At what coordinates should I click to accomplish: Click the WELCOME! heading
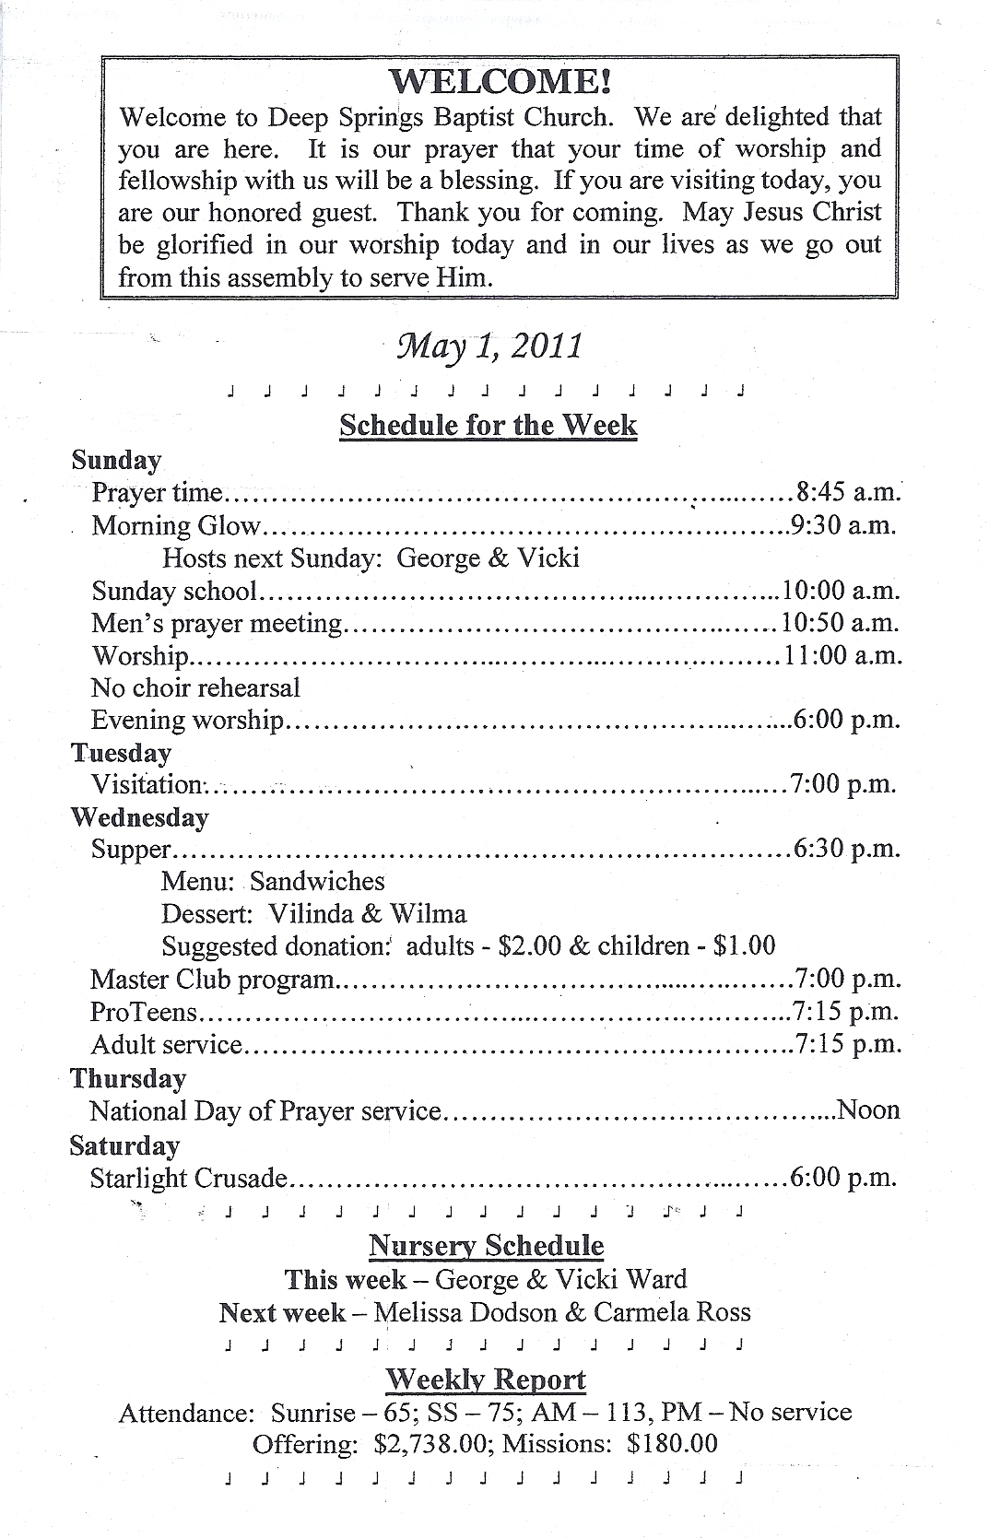[x=500, y=82]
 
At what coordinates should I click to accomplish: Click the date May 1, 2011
[x=489, y=346]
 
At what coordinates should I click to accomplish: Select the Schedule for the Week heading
[x=489, y=425]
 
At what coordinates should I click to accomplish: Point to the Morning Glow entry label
[x=177, y=525]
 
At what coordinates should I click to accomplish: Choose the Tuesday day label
[x=122, y=753]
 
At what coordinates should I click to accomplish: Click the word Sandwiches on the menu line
[x=317, y=882]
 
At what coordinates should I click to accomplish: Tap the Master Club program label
[x=212, y=979]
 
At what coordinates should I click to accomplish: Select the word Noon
[x=868, y=1110]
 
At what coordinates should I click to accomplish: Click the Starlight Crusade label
[x=189, y=1179]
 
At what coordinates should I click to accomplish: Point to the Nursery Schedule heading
[x=487, y=1246]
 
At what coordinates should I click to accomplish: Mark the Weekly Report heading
[x=486, y=1380]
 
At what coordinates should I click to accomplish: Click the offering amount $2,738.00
[x=430, y=1444]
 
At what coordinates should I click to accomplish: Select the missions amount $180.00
[x=671, y=1444]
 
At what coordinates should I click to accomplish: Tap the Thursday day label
[x=128, y=1078]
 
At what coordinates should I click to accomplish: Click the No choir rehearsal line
[x=196, y=687]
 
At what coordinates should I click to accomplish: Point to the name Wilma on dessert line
[x=428, y=914]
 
